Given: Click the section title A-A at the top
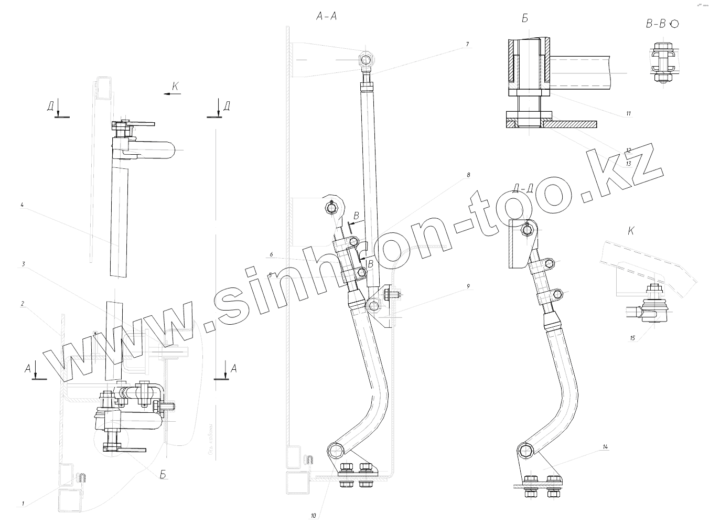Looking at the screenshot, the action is tap(326, 16).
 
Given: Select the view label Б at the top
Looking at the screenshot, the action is tap(525, 19).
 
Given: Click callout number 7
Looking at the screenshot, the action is tap(467, 45).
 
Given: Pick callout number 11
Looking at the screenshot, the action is tap(628, 113).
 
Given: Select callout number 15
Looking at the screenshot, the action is tap(632, 338).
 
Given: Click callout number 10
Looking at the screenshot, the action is tap(313, 516).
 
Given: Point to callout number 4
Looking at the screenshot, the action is tap(23, 206).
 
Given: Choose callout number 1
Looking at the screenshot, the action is tap(23, 504).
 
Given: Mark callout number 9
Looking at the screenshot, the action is tap(468, 286).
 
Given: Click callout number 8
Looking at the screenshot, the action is tap(468, 174).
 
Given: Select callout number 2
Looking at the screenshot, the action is tap(23, 303).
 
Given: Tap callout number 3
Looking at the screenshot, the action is tap(23, 265).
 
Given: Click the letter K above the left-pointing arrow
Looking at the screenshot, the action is tap(175, 87).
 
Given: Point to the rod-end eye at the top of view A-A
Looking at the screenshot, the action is tap(366, 59).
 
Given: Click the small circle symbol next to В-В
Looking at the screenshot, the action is tap(674, 24).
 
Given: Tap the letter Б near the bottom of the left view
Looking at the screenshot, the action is tap(163, 475).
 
